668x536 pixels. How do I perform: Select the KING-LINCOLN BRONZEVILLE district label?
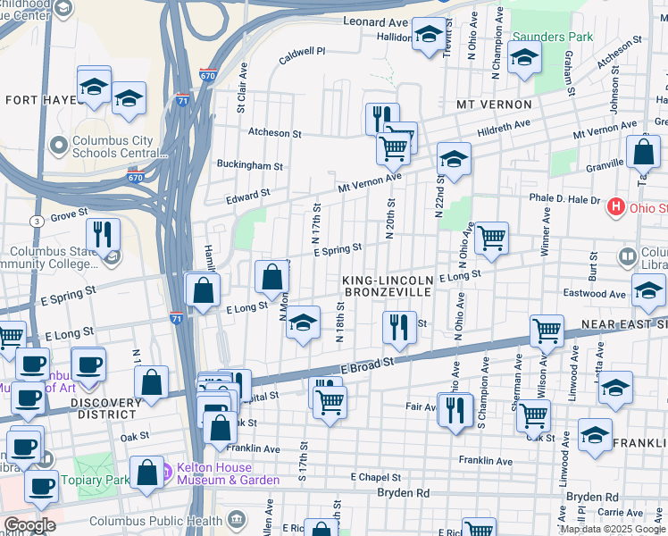pos(388,287)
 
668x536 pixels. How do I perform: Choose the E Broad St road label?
pos(367,364)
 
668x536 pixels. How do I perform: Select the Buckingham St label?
pos(250,165)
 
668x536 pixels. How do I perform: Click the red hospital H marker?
pos(615,208)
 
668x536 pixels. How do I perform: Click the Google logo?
pos(29,525)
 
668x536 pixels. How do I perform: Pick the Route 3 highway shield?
pos(36,220)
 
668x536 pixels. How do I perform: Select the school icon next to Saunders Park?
pos(524,58)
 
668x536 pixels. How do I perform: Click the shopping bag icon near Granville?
pos(643,153)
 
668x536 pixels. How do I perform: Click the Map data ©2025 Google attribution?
pos(612,529)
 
